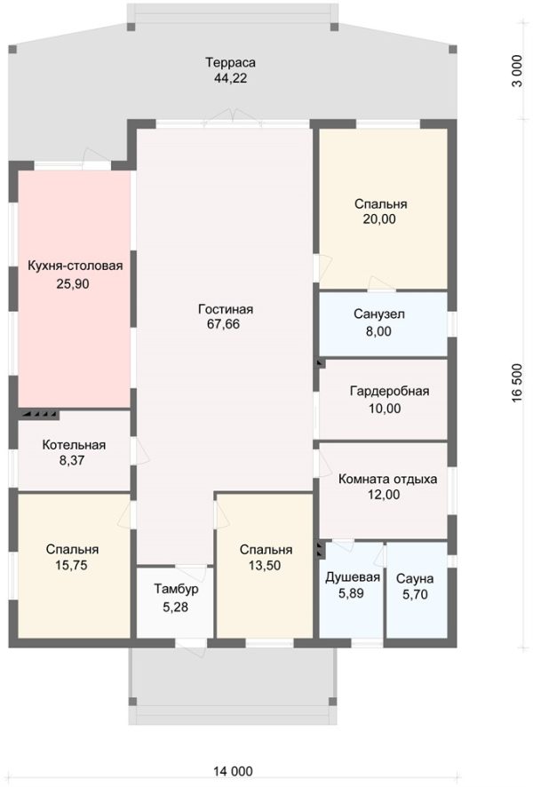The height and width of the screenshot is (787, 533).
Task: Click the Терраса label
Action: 230,63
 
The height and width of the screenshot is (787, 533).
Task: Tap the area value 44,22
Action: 230,78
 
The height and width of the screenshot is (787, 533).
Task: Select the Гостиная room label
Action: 226,309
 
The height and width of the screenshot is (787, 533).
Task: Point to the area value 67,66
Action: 223,324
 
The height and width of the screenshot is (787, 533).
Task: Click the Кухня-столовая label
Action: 76,266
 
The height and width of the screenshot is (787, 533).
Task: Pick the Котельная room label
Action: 74,445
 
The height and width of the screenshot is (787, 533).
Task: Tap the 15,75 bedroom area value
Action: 71,565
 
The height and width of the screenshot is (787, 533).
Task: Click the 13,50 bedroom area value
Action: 265,566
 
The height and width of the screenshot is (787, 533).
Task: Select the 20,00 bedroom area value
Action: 379,219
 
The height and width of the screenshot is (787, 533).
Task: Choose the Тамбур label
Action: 176,589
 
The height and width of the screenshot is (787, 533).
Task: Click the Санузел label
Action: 379,314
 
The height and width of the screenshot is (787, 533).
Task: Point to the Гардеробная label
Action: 389,391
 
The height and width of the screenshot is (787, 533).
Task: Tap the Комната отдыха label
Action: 387,479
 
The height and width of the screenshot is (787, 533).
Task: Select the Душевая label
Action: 353,577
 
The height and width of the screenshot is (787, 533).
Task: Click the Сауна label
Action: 415,579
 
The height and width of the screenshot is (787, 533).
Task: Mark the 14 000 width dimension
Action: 233,771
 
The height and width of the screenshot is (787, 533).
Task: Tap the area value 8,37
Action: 72,460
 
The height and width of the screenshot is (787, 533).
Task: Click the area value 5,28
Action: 176,607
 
